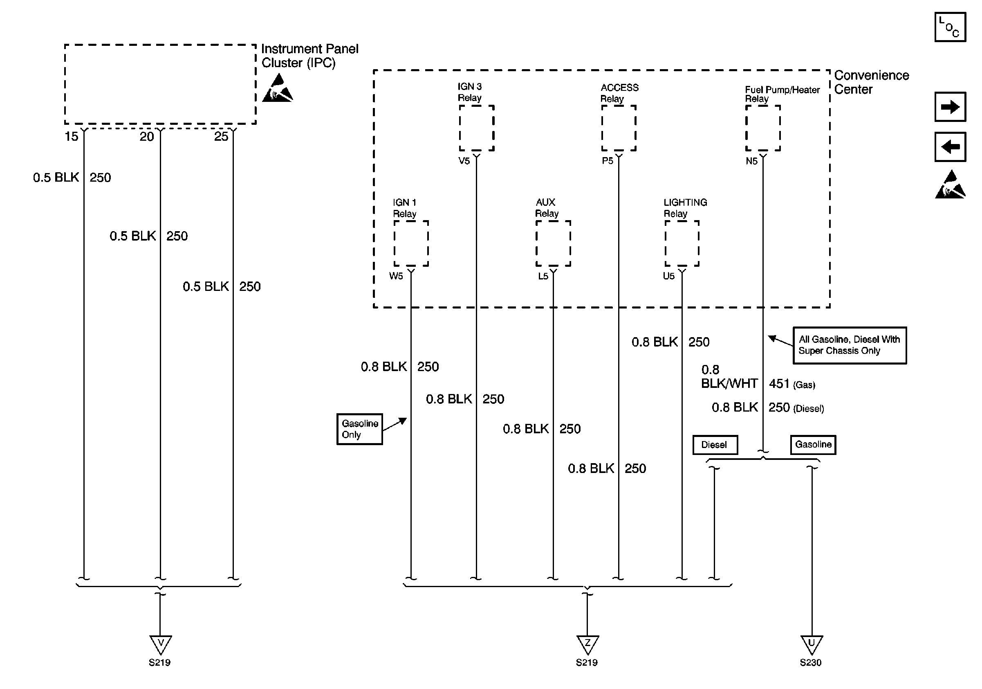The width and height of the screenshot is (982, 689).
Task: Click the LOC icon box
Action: point(950,27)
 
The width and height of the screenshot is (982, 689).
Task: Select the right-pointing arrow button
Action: point(950,106)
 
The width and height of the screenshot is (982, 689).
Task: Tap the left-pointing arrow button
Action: point(950,147)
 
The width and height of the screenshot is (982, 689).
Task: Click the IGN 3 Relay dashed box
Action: point(477,128)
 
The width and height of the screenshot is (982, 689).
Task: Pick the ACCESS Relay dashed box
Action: point(619,128)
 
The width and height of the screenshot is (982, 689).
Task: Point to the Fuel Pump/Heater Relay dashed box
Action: point(763,128)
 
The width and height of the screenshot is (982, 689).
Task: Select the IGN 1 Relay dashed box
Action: point(411,243)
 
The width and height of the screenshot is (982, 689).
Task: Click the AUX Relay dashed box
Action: point(553,243)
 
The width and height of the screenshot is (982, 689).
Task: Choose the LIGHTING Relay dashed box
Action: point(682,243)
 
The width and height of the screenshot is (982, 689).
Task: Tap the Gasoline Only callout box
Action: point(360,429)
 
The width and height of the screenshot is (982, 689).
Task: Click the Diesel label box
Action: point(715,445)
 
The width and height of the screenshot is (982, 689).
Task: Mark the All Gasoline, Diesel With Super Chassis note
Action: point(850,345)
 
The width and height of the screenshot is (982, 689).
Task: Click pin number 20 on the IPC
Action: point(147,137)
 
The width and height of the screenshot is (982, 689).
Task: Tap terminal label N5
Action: point(751,161)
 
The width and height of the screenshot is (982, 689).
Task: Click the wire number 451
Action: point(779,383)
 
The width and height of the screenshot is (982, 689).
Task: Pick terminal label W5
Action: point(396,276)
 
